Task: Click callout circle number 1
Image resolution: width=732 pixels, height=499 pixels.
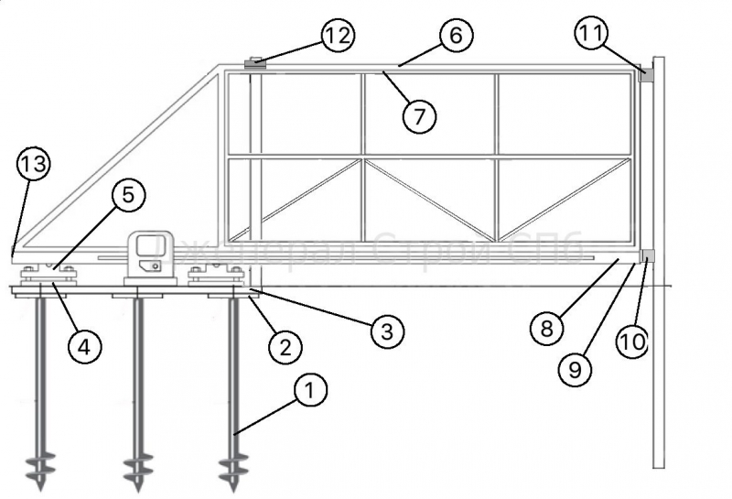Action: (x=309, y=391)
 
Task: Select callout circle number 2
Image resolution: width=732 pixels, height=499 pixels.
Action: (x=285, y=346)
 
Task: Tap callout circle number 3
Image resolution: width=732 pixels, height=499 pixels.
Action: (x=387, y=331)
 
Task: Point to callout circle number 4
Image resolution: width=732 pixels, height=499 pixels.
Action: (x=83, y=346)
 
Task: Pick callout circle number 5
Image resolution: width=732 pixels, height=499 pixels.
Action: (x=127, y=194)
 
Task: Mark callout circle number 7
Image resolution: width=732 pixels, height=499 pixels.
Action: (x=420, y=115)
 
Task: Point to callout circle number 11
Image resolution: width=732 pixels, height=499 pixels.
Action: (x=591, y=34)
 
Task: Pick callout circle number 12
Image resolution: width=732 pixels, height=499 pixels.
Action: (x=337, y=36)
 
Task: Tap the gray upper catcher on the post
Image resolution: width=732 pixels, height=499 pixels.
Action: (x=646, y=77)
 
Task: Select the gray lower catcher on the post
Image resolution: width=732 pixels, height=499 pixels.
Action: (x=647, y=255)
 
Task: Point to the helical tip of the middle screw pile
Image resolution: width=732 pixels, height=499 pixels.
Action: (x=136, y=469)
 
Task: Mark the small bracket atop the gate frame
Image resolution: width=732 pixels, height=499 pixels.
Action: (x=255, y=63)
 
